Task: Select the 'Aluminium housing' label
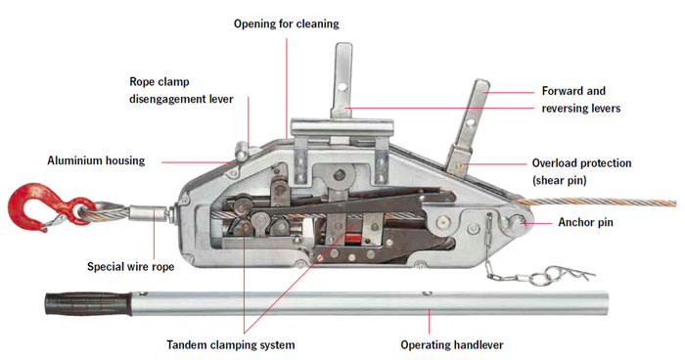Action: click(96, 159)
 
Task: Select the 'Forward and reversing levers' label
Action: click(580, 100)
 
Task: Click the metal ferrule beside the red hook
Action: click(155, 209)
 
